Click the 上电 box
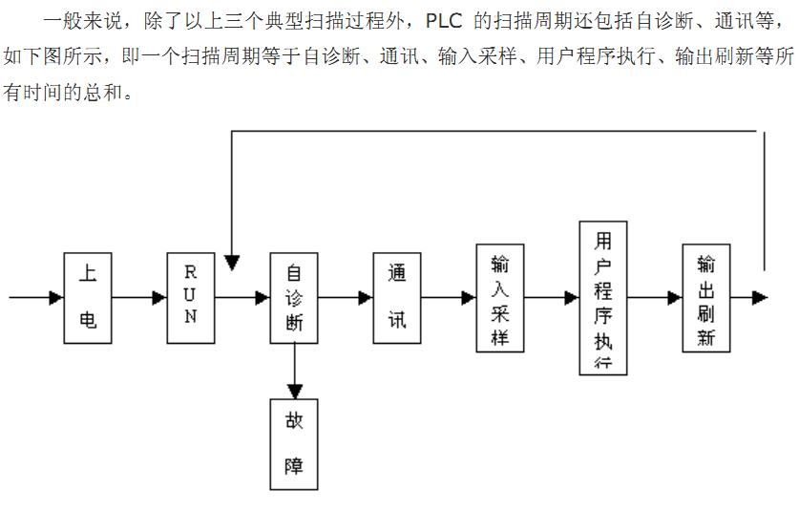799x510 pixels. pos(88,298)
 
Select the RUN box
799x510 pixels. pos(191,298)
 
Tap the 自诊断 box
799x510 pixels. pos(294,298)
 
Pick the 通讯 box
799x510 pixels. pos(397,298)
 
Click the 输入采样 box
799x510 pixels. pos(500,298)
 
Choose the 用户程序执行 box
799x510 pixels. pos(603,298)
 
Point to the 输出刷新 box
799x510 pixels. pos(706,298)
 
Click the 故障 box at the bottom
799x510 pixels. pos(294,445)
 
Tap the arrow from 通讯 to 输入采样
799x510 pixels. pos(449,298)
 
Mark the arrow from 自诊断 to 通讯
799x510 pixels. pos(346,298)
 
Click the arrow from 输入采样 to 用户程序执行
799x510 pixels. pos(552,298)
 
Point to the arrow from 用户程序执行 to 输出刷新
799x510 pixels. pos(655,298)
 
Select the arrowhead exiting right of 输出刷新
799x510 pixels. pos(760,298)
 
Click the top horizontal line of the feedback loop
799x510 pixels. pos(496,131)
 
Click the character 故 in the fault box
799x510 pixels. pos(294,421)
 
